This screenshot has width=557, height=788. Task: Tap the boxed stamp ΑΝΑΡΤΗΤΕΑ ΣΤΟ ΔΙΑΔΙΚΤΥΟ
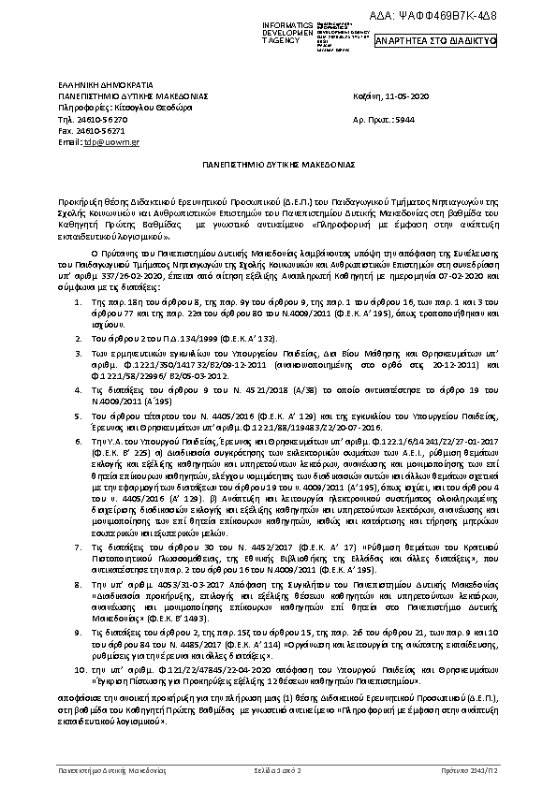pos(435,41)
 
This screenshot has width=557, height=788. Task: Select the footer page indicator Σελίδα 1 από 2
pos(278,768)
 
